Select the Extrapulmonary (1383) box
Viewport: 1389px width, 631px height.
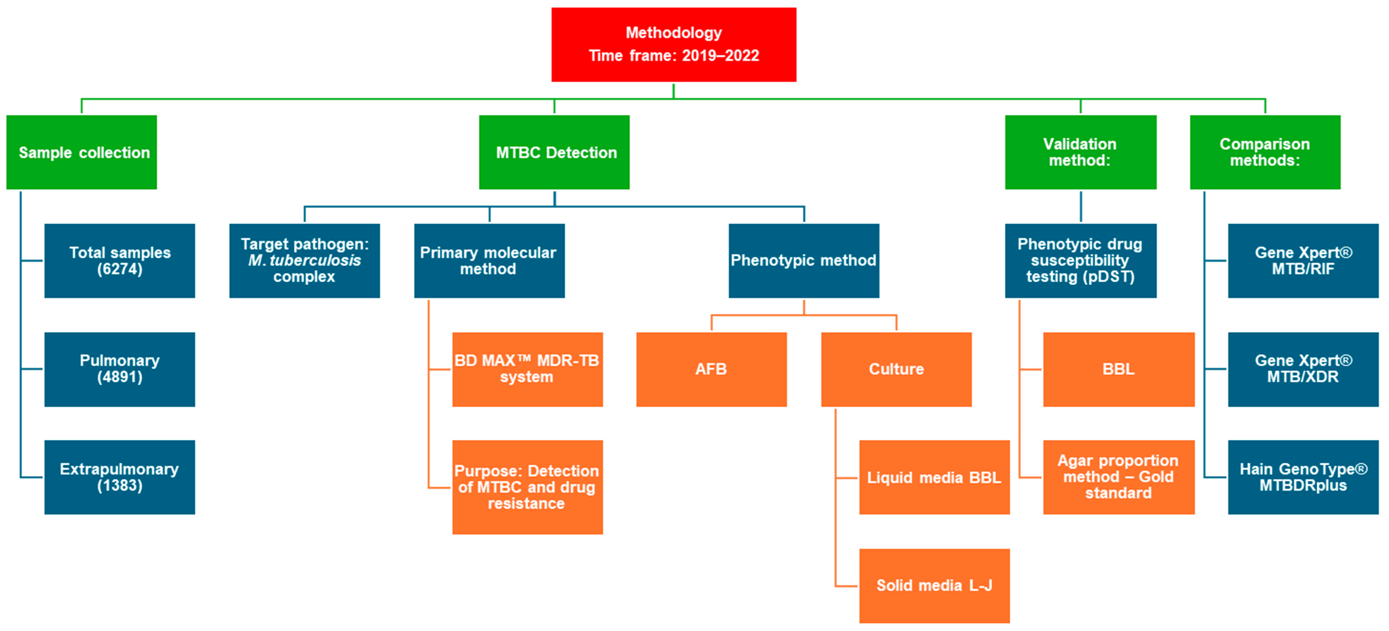[120, 477]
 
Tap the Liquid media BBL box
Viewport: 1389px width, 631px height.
[934, 477]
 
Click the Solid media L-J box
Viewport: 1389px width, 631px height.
[934, 586]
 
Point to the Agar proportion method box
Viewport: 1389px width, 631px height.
[1118, 477]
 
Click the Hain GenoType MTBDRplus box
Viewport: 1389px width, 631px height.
[1303, 477]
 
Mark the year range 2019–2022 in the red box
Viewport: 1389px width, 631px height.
[720, 56]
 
